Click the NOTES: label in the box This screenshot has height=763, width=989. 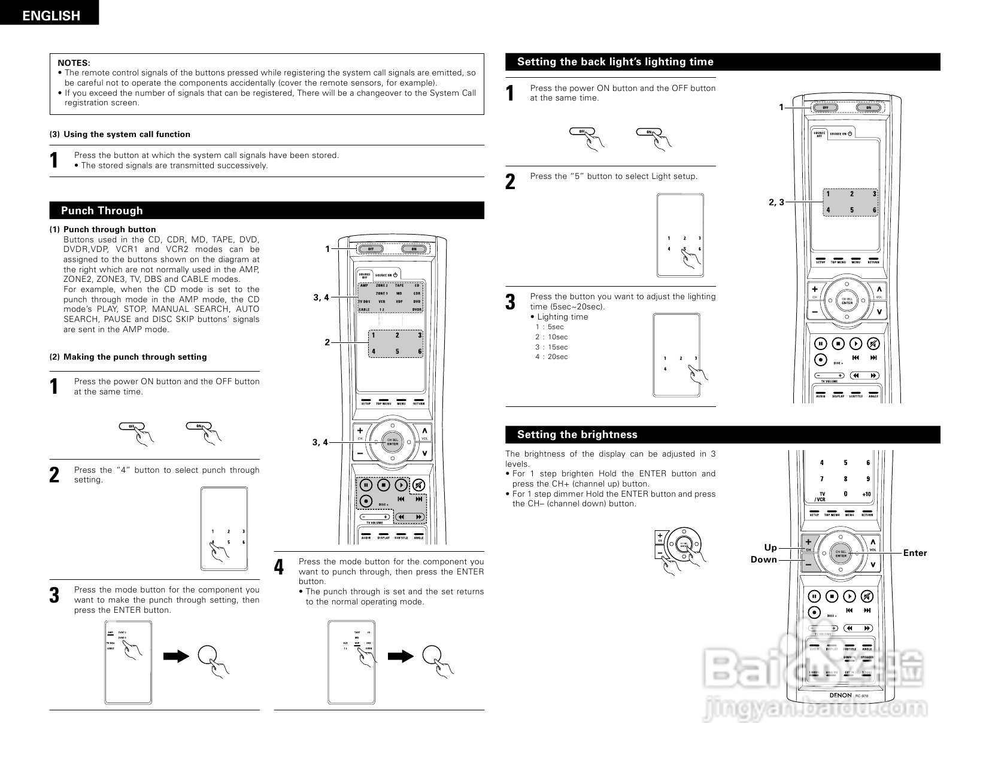[x=74, y=63]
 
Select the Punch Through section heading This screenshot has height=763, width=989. [x=102, y=211]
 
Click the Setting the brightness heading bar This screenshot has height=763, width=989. [x=577, y=434]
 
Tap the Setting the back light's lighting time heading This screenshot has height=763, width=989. [x=615, y=62]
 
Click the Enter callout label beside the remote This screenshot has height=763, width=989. [x=914, y=553]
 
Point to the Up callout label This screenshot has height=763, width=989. [x=770, y=548]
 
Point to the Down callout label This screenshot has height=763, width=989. [x=763, y=560]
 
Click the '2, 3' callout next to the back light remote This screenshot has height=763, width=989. [x=776, y=202]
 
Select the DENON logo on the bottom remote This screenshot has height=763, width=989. [x=840, y=695]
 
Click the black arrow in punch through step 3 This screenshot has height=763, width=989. [x=175, y=656]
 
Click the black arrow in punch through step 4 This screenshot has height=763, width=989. [x=400, y=656]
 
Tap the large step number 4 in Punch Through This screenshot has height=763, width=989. [x=279, y=567]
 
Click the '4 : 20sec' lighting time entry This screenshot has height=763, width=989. [x=551, y=357]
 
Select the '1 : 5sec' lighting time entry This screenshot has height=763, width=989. [x=549, y=327]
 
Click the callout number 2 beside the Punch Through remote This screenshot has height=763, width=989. [x=327, y=342]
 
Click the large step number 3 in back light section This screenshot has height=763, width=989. [x=510, y=302]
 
